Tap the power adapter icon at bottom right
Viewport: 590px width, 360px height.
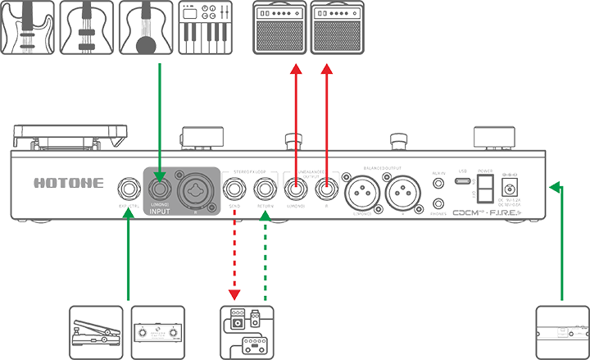point(562,330)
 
